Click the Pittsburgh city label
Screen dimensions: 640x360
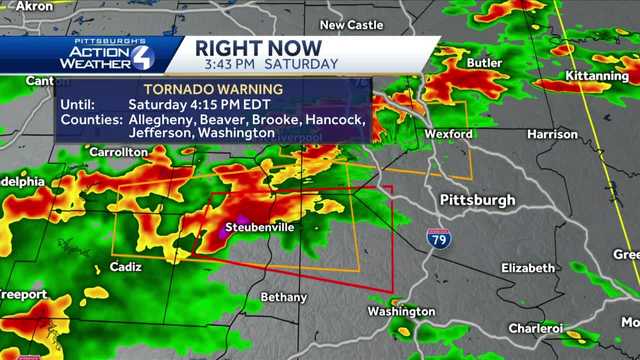(477, 200)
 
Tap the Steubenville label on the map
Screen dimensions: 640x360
(259, 227)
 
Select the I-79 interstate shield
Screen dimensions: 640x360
(437, 239)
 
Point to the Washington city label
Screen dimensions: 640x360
(401, 311)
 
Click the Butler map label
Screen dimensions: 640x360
(484, 63)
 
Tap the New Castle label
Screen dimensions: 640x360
(346, 25)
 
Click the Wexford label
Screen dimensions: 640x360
(448, 133)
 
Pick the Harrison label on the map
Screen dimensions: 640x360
(552, 134)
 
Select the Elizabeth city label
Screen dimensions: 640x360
(527, 268)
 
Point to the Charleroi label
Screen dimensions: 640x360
(535, 328)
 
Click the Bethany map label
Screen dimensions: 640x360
(284, 297)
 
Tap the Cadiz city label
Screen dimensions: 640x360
(125, 268)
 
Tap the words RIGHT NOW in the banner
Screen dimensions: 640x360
(258, 48)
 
